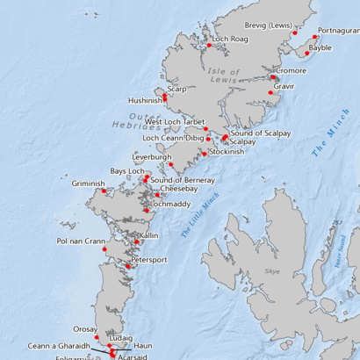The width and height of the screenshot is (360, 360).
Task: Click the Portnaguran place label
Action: point(338,31)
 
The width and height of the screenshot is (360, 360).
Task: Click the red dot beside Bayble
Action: point(307,54)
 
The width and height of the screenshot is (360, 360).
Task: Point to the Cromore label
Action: point(291,70)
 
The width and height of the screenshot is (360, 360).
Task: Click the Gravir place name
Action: point(284,87)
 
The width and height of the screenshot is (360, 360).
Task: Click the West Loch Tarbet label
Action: point(175,122)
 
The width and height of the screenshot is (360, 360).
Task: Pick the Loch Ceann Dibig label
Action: point(173,138)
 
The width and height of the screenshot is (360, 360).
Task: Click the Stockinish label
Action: point(227,152)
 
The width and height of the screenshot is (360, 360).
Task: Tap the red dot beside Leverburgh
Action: point(172,163)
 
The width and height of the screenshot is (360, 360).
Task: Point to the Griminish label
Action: point(88,184)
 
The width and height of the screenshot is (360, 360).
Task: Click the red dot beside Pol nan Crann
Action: point(104,249)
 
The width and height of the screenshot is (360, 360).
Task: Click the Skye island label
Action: point(271,273)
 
